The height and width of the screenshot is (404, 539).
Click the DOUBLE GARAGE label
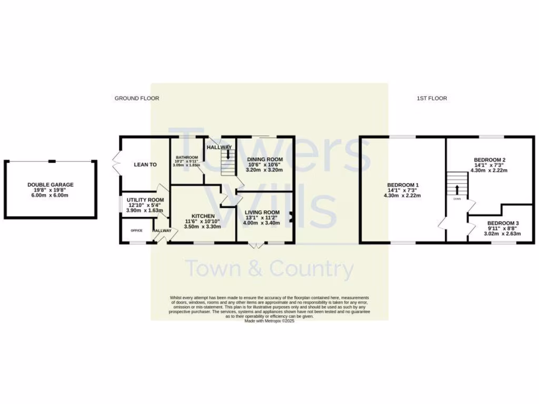(x=51, y=185)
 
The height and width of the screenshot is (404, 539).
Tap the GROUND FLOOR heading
(x=137, y=98)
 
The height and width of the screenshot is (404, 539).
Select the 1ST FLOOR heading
(x=432, y=98)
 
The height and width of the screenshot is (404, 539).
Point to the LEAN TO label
(x=145, y=165)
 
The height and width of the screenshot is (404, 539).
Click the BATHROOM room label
(x=187, y=158)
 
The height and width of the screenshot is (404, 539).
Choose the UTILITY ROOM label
(x=145, y=200)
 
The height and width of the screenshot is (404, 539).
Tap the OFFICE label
(x=137, y=230)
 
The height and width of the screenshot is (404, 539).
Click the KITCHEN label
(x=202, y=216)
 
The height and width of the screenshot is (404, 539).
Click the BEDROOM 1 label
(x=403, y=185)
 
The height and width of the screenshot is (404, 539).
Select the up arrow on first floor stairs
(x=456, y=188)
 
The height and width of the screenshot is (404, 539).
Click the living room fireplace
(x=290, y=216)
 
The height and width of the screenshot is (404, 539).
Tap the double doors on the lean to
(x=116, y=164)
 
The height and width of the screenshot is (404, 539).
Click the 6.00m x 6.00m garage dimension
(x=51, y=195)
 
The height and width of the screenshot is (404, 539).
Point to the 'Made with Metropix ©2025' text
(x=269, y=320)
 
